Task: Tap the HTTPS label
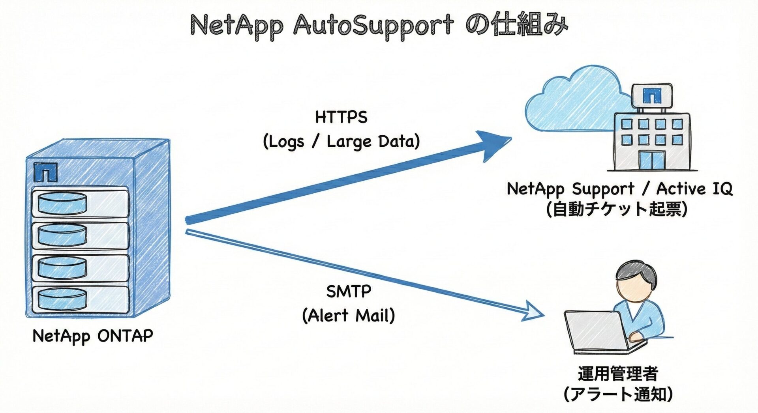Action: (341, 117)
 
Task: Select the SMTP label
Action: (349, 292)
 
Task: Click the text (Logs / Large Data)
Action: (341, 141)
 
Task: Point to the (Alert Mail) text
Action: (349, 316)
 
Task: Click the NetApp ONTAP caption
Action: (93, 336)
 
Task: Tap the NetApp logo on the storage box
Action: (45, 172)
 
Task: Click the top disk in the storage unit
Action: (62, 203)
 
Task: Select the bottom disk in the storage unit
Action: (62, 299)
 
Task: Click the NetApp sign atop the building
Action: (651, 95)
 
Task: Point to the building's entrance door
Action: (651, 160)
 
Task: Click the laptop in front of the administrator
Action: (596, 331)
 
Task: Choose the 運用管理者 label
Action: (618, 373)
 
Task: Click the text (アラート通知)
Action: (618, 394)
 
